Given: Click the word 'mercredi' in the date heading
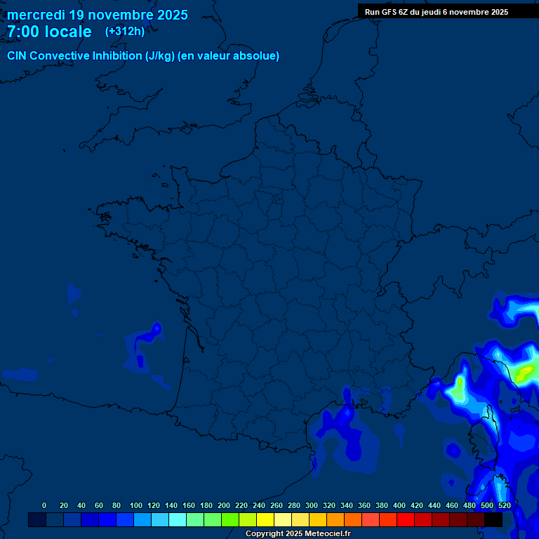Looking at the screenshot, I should coord(36,15).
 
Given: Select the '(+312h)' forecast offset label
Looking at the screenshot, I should coord(124,32).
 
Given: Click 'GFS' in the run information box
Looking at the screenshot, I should coord(390,12).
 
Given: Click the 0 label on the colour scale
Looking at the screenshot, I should coord(44,505).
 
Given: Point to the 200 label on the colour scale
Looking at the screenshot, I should coord(223,505).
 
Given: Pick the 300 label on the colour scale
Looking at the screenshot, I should coord(311,505).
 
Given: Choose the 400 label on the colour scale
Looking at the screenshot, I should coord(399,505).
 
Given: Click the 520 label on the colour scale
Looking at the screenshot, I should coord(504,505).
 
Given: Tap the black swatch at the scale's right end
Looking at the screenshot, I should coord(493,519).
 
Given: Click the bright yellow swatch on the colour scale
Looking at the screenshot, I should coord(265,519).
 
